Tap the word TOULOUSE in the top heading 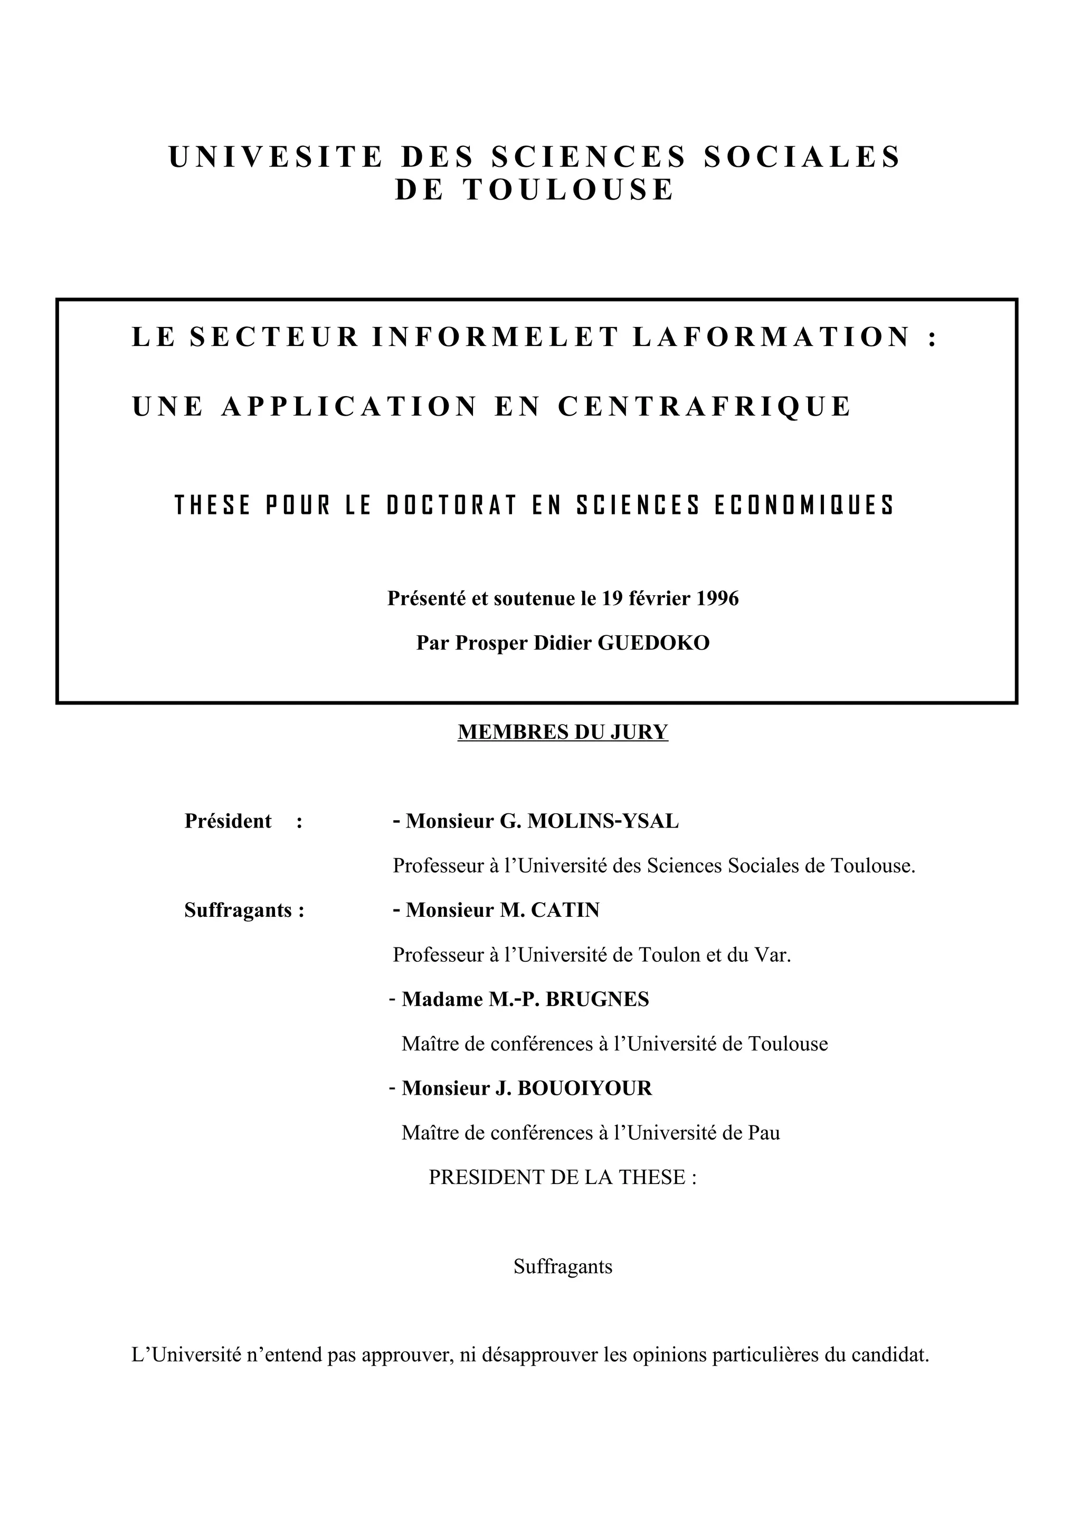(x=569, y=190)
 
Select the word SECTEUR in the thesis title (x=274, y=336)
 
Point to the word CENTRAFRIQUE (x=705, y=407)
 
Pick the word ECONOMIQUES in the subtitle (x=804, y=506)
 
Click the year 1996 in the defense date (x=717, y=598)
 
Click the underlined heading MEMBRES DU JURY (x=563, y=733)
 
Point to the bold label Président (x=228, y=821)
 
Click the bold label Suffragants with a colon (x=244, y=911)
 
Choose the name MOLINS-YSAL (x=603, y=821)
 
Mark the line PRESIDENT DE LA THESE (x=562, y=1178)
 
